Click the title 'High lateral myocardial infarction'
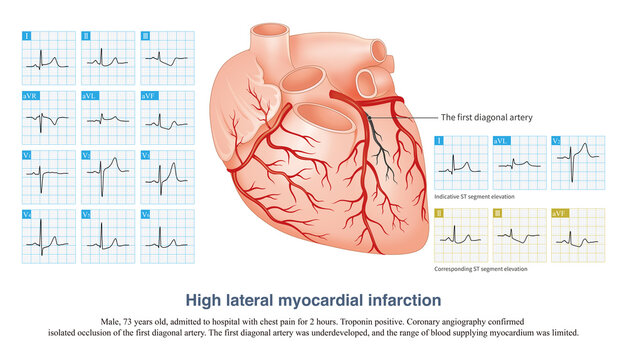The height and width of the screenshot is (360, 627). click(x=313, y=297)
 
